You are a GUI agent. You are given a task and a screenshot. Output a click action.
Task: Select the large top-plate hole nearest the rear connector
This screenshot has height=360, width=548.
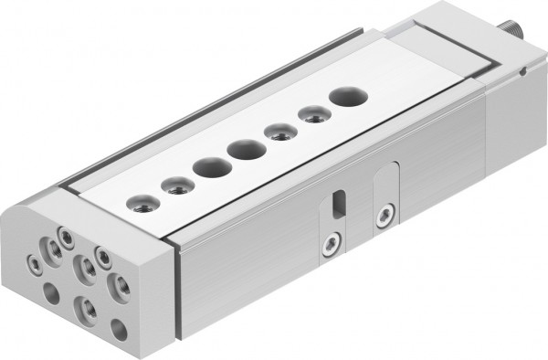point(345,96)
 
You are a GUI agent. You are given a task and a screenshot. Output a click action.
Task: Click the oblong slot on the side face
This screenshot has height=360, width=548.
point(341,203)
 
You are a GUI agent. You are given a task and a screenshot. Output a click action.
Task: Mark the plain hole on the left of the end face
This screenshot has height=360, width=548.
point(50,293)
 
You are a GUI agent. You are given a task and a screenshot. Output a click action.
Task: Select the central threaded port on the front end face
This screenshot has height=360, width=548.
point(87,268)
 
